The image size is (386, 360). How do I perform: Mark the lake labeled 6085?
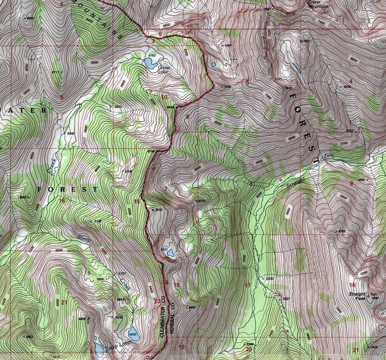134,333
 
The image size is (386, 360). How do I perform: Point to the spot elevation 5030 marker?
263,279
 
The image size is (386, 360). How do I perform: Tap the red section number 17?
247,285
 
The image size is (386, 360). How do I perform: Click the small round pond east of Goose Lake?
214,64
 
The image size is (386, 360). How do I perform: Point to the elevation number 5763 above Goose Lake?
152,55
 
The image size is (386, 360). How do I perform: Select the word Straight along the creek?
296,183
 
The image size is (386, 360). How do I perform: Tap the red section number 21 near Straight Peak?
355,350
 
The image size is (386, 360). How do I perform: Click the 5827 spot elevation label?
286,298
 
